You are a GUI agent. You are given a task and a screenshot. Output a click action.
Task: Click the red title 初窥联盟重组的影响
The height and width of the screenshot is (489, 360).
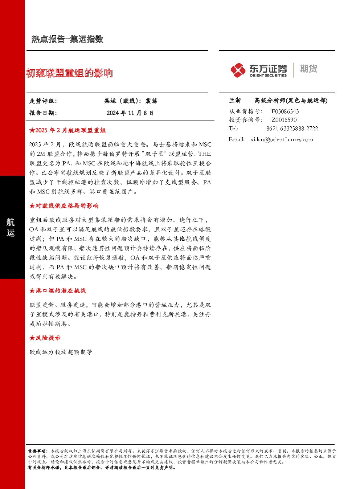pyautogui.click(x=69, y=73)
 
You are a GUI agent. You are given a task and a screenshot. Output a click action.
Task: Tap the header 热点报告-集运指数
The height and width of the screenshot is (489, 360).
pyautogui.click(x=67, y=39)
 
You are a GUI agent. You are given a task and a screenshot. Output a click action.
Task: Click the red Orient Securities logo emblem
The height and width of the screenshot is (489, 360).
pyautogui.click(x=238, y=70)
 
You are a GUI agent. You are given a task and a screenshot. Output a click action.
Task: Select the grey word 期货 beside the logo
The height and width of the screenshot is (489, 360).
pyautogui.click(x=308, y=69)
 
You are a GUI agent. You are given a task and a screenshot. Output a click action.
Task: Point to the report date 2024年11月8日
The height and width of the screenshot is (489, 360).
pyautogui.click(x=130, y=113)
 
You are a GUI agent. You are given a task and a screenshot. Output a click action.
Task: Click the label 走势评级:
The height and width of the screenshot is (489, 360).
pyautogui.click(x=43, y=101)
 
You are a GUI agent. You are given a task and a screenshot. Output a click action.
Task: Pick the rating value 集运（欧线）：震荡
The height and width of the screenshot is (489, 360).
pyautogui.click(x=131, y=101)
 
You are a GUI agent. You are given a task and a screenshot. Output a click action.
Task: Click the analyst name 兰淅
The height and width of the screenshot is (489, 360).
pyautogui.click(x=235, y=101)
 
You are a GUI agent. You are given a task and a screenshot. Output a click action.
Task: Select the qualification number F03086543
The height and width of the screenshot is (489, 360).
pyautogui.click(x=285, y=111)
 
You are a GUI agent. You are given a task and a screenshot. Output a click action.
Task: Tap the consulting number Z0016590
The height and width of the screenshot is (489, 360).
pyautogui.click(x=284, y=120)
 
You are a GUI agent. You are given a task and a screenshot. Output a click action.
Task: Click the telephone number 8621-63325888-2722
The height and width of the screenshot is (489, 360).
pyautogui.click(x=292, y=129)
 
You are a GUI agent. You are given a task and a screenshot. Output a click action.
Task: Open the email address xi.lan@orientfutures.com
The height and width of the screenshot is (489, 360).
pyautogui.click(x=282, y=139)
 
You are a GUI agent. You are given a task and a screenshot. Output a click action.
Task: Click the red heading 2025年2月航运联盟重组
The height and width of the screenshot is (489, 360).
pyautogui.click(x=67, y=130)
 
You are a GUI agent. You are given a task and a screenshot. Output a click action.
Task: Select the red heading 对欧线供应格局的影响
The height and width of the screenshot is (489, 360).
pyautogui.click(x=64, y=205)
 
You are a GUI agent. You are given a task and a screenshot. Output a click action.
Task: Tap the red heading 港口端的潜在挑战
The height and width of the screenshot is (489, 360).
pyautogui.click(x=58, y=290)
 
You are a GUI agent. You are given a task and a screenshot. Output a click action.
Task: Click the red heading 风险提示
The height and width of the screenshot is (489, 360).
pyautogui.click(x=45, y=338)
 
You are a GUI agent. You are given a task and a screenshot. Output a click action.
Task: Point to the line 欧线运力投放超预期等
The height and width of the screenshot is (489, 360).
pyautogui.click(x=61, y=352)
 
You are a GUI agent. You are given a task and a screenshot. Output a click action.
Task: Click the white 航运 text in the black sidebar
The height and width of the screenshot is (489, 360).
pyautogui.click(x=11, y=228)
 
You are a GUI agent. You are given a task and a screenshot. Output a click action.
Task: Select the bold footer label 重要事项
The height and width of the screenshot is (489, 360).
pyautogui.click(x=36, y=451)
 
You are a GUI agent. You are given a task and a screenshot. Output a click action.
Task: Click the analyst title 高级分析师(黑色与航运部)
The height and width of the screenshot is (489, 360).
pyautogui.click(x=291, y=101)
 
